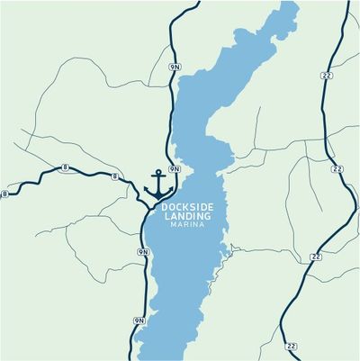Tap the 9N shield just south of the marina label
click(x=142, y=252)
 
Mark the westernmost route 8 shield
click(x=6, y=194)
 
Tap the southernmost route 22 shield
click(x=290, y=345)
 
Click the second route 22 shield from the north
click(x=337, y=168)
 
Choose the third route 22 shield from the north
click(x=315, y=257)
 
